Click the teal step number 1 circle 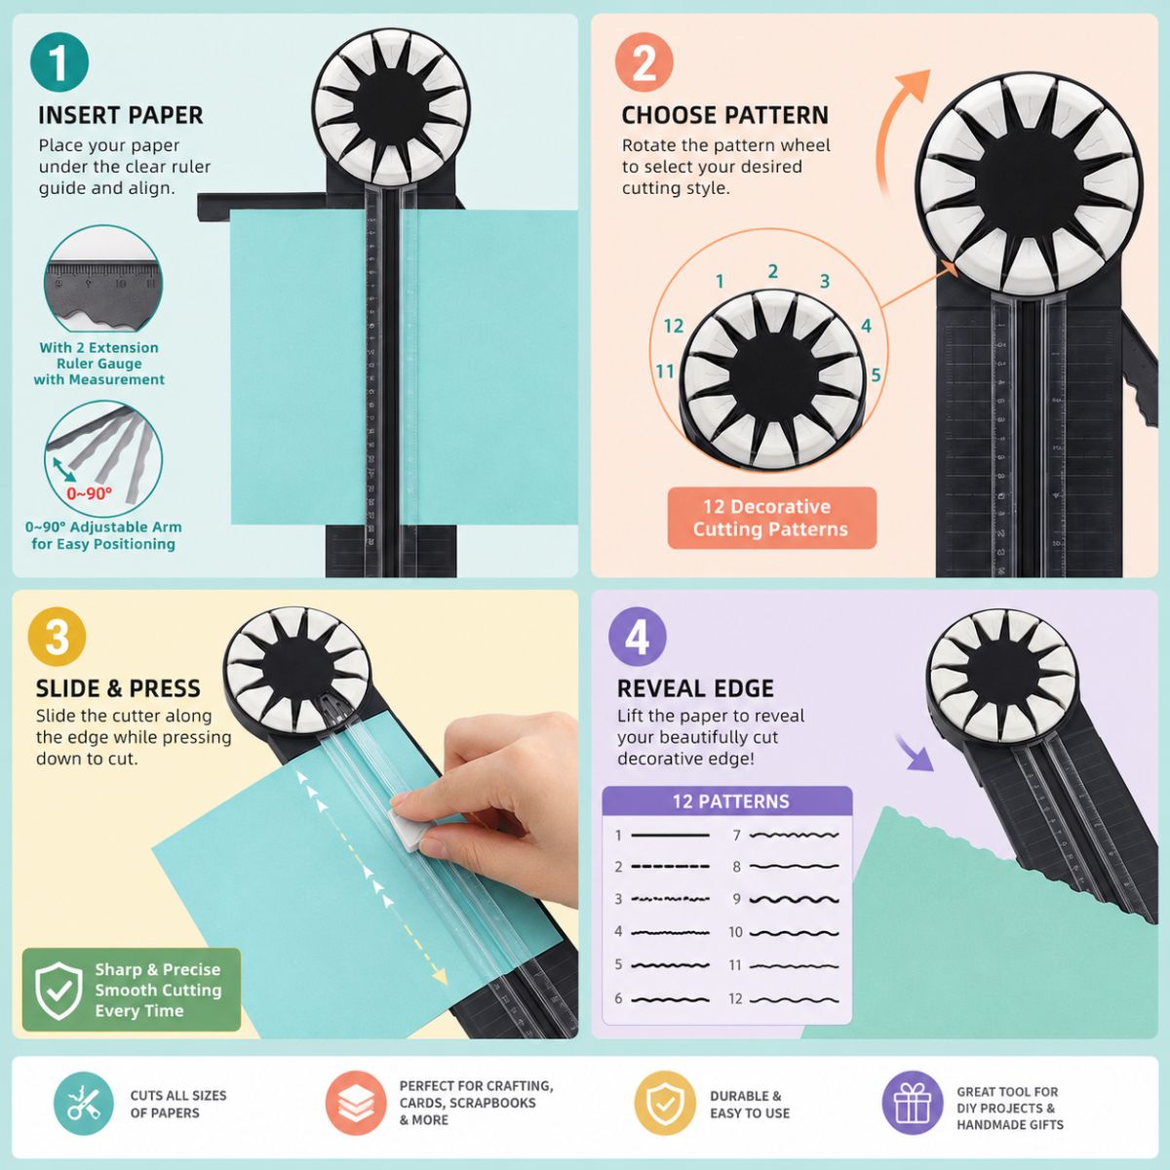pyautogui.click(x=58, y=62)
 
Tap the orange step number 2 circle pyautogui.click(x=643, y=62)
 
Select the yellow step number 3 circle pyautogui.click(x=57, y=637)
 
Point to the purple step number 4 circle pyautogui.click(x=637, y=637)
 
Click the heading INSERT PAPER pyautogui.click(x=120, y=115)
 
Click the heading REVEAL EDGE pyautogui.click(x=695, y=688)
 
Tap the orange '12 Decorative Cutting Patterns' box pyautogui.click(x=771, y=518)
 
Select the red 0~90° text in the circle pyautogui.click(x=90, y=493)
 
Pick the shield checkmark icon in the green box pyautogui.click(x=58, y=991)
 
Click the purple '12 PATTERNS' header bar pyautogui.click(x=727, y=801)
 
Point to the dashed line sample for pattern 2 pyautogui.click(x=670, y=867)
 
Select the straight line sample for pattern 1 pyautogui.click(x=670, y=836)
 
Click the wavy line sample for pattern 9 pyautogui.click(x=795, y=899)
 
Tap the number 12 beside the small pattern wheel pyautogui.click(x=674, y=326)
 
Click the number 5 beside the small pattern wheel pyautogui.click(x=876, y=374)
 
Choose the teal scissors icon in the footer pyautogui.click(x=84, y=1104)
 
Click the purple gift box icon pyautogui.click(x=912, y=1103)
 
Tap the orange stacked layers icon pyautogui.click(x=356, y=1103)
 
